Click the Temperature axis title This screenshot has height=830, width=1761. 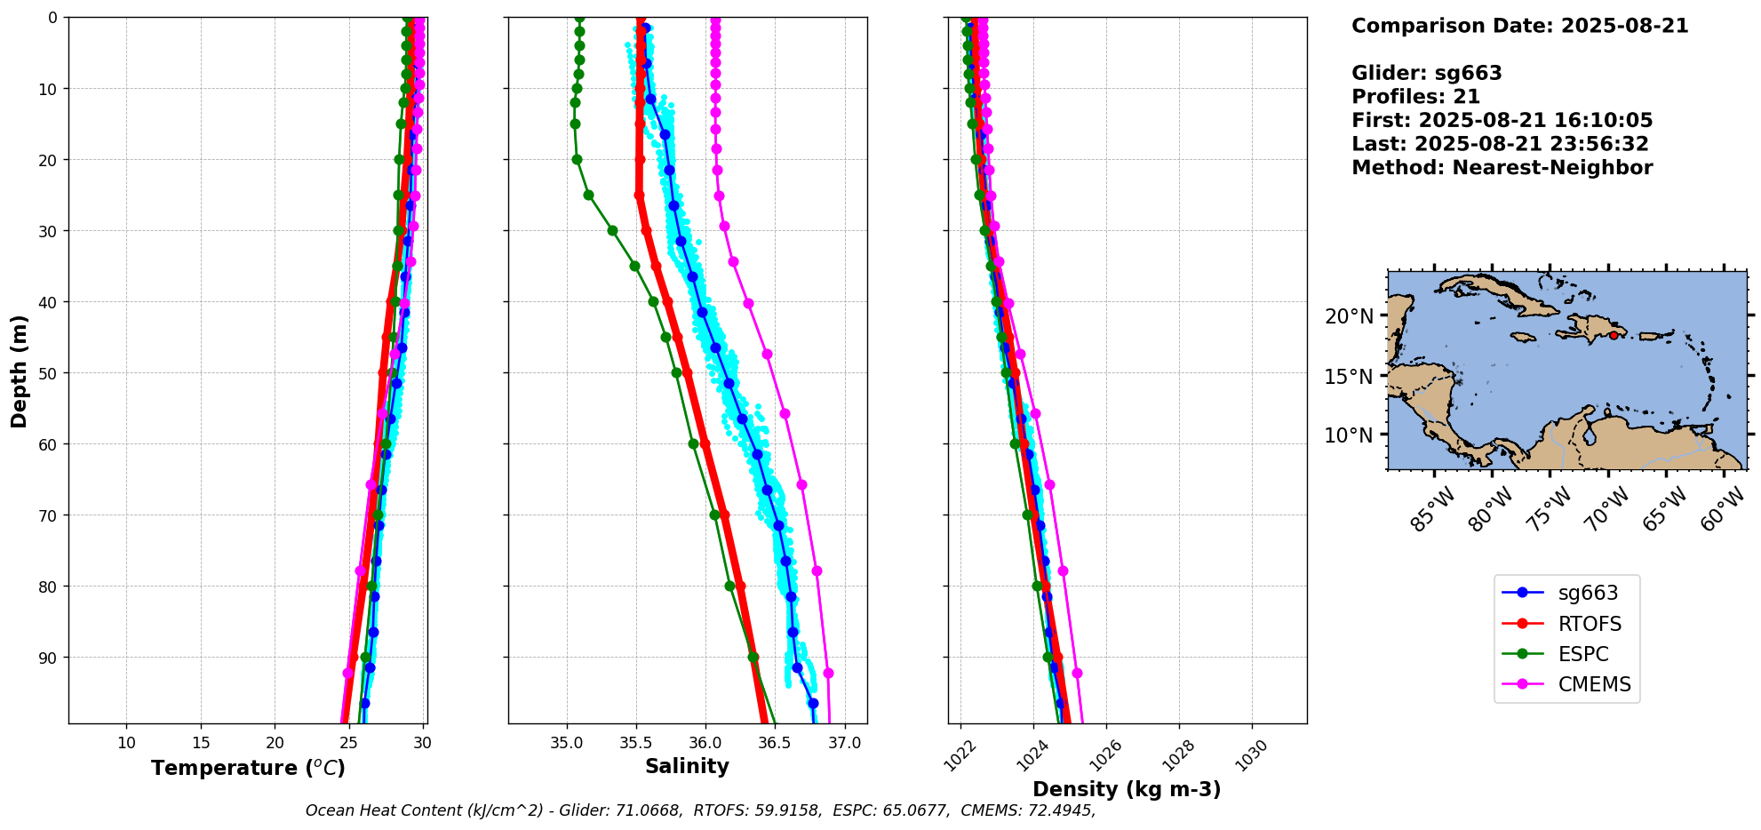[x=248, y=768]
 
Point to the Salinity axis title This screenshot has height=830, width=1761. [x=687, y=766]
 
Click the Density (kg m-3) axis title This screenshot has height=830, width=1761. [x=1127, y=789]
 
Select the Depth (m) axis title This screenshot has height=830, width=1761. [x=20, y=371]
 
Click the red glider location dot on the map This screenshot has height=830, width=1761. [x=1614, y=335]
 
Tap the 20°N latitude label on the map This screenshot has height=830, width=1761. [x=1349, y=316]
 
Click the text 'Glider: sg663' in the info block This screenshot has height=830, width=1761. [x=1426, y=73]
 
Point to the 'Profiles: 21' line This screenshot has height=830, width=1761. [x=1415, y=97]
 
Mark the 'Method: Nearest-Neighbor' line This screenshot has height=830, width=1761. [x=1502, y=167]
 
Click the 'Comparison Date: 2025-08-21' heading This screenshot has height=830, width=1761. [x=1519, y=26]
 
